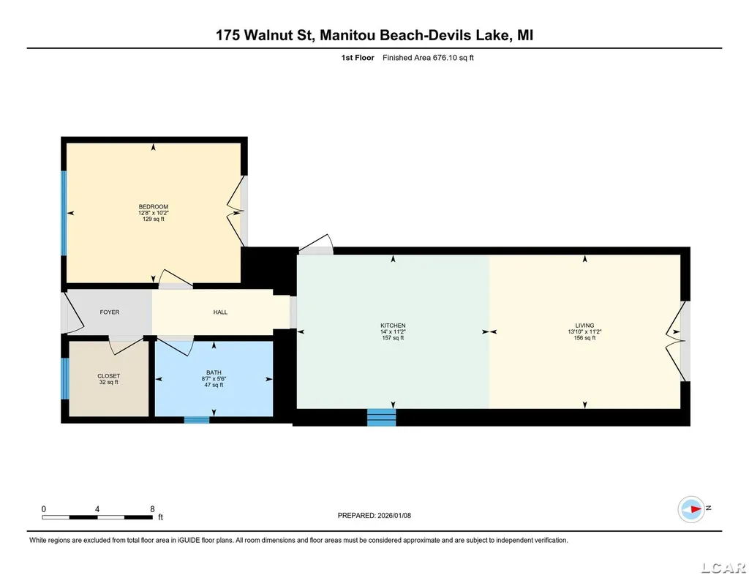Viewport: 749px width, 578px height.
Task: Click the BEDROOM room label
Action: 154,207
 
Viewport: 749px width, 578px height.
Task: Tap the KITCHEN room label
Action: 393,326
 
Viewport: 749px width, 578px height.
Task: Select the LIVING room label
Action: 584,326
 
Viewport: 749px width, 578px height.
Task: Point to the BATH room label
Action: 214,372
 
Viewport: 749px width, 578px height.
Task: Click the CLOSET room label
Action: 109,376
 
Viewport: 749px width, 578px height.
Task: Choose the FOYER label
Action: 110,312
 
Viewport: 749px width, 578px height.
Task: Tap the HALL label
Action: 220,312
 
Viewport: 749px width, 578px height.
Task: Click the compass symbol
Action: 691,509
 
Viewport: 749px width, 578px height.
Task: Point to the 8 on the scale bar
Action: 152,509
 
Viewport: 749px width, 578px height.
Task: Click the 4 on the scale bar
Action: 97,509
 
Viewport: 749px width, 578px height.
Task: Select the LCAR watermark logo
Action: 723,568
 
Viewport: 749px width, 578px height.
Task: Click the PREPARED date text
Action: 374,515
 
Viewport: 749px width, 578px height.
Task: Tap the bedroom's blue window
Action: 64,213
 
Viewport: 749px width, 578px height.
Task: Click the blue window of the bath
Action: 197,420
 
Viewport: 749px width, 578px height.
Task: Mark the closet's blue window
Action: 65,378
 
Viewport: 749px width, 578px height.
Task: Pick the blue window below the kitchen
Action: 381,417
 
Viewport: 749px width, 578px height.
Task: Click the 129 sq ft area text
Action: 154,219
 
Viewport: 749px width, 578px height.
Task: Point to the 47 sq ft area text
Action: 214,385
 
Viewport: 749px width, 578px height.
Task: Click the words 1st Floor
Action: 358,58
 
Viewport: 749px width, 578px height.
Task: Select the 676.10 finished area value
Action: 444,58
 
